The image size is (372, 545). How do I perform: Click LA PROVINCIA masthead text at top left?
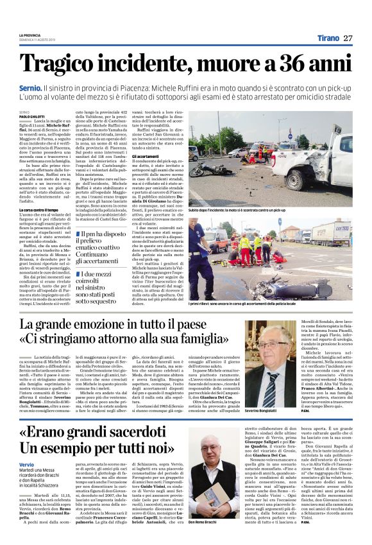coord(29,34)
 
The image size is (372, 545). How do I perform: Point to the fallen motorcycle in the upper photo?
coord(214,169)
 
